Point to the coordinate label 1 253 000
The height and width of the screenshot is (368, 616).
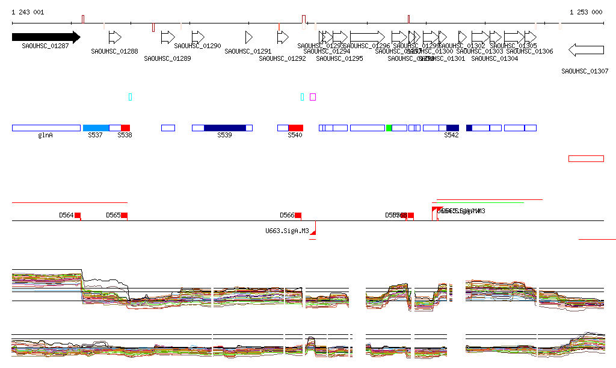tap(586, 12)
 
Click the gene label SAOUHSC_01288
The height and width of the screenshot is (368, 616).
tap(114, 51)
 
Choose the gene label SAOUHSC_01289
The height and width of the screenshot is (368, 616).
tap(167, 58)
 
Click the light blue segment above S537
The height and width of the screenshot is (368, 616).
tap(96, 128)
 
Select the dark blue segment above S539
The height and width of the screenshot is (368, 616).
tap(225, 128)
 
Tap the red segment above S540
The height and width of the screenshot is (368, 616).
tap(295, 128)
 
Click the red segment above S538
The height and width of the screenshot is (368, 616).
tap(125, 128)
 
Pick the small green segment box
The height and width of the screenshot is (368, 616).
tap(389, 128)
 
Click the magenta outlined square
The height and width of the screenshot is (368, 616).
tap(313, 97)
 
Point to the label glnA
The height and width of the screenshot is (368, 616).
tap(45, 136)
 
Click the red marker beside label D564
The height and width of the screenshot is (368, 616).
tap(78, 215)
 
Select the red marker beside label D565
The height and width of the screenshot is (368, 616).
tap(124, 215)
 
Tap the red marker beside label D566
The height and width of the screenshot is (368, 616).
tap(298, 215)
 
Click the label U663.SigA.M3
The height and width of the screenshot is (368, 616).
tap(287, 231)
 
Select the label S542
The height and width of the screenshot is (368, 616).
tap(451, 136)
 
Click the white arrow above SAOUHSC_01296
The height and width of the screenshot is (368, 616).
tap(367, 37)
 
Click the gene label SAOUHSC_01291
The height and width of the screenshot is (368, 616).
tap(248, 51)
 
